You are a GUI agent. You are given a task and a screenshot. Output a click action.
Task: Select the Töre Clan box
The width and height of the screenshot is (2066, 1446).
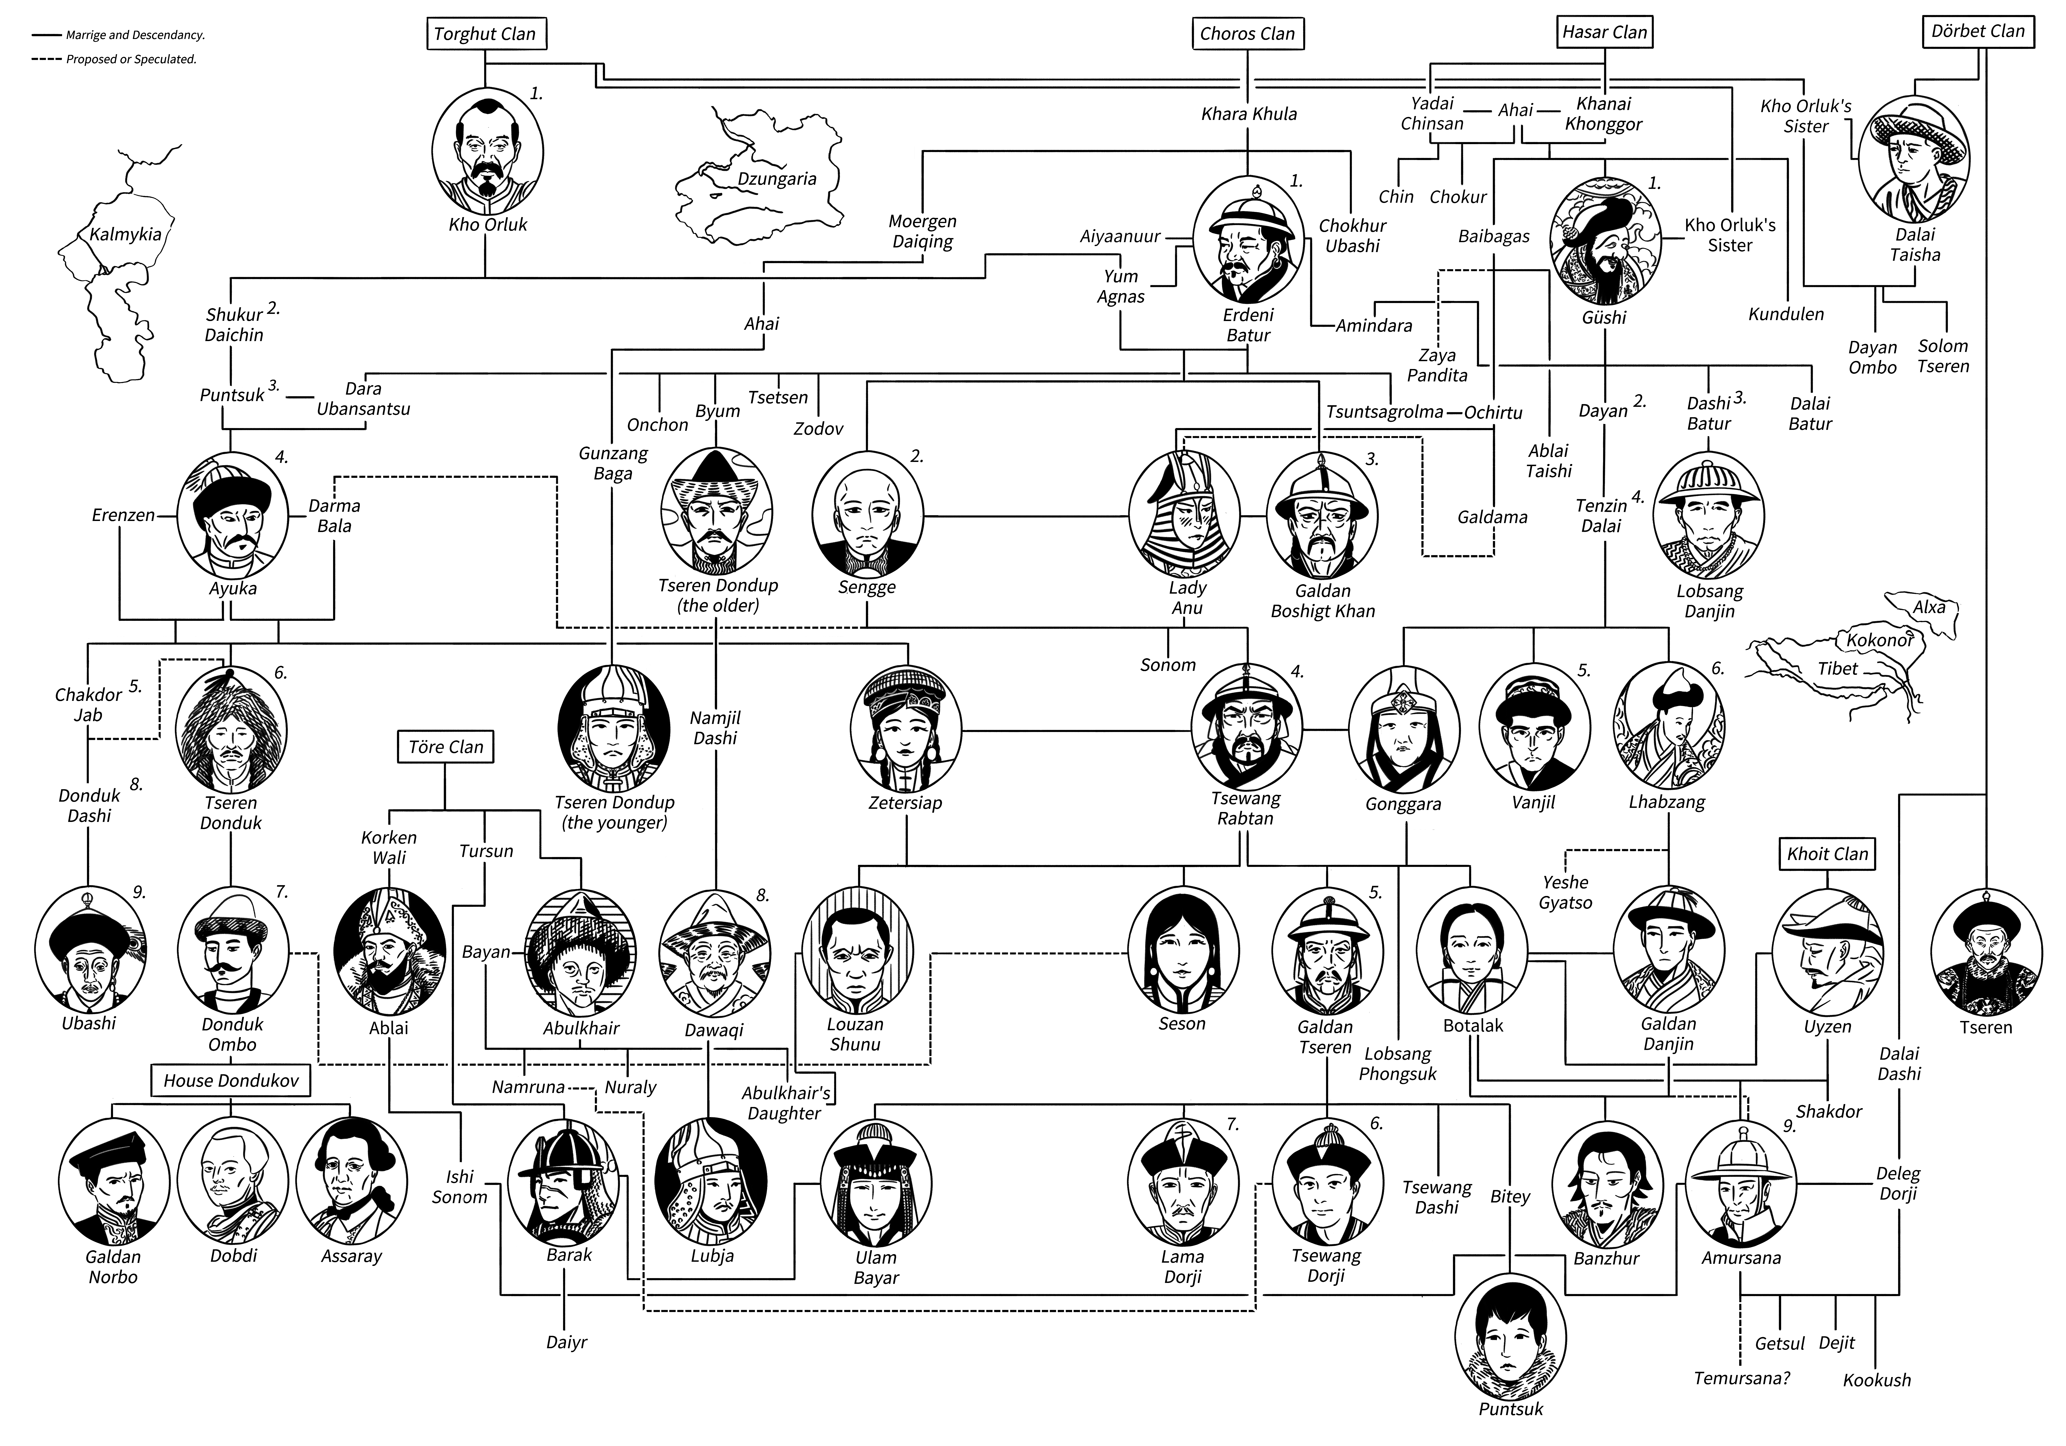[445, 747]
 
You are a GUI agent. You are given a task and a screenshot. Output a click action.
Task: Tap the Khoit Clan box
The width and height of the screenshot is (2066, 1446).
[1828, 854]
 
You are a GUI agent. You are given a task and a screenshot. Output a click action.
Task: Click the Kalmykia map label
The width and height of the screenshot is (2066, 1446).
[125, 235]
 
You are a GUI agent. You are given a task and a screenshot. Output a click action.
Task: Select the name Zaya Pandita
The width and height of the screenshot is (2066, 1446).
[1437, 365]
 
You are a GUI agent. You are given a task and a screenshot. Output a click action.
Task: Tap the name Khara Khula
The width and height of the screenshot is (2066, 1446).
[1249, 113]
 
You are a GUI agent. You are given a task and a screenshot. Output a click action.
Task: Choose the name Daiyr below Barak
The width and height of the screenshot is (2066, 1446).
[566, 1342]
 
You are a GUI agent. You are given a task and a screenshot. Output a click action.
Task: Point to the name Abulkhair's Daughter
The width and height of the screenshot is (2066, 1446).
[785, 1103]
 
